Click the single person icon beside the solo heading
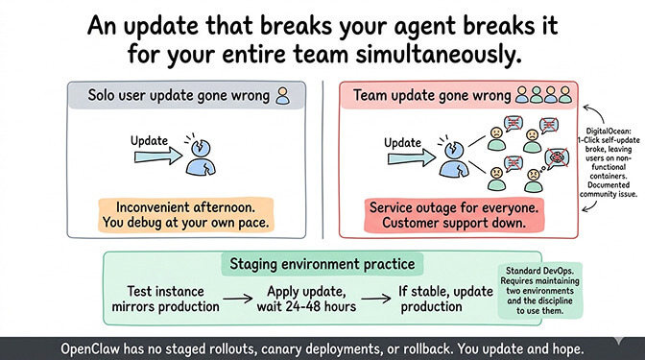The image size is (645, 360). pyautogui.click(x=282, y=95)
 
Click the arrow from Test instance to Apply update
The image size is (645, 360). pyautogui.click(x=234, y=299)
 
